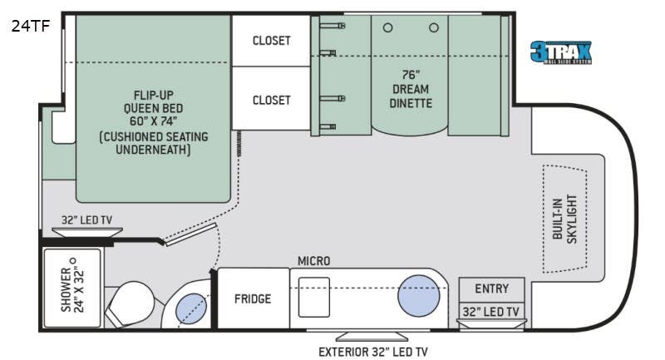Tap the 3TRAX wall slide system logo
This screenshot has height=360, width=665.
563,52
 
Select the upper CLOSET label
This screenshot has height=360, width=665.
272,40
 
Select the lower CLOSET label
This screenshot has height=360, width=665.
272,100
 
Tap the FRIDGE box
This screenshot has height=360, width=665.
252,298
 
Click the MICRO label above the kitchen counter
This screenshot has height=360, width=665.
314,261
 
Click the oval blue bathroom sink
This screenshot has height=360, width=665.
191,308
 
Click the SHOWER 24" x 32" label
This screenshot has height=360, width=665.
71,289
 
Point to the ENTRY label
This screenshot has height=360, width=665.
491,288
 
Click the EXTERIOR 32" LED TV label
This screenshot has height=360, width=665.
373,351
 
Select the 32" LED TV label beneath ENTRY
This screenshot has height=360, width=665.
491,312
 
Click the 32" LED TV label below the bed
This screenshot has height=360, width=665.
86,221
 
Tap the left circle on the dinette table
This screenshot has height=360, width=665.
387,27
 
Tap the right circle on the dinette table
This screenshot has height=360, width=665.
433,27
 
